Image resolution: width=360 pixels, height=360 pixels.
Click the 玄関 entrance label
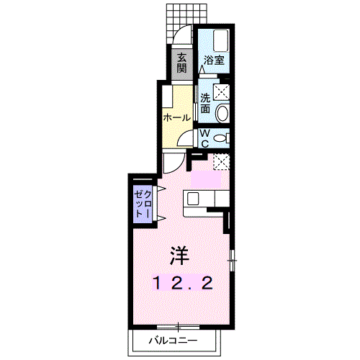click(181, 63)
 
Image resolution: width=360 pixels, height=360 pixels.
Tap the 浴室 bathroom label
click(214, 60)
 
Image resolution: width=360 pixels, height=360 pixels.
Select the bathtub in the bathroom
click(221, 40)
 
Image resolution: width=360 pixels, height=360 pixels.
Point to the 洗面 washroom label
click(205, 103)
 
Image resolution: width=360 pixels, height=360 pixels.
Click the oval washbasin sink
click(222, 113)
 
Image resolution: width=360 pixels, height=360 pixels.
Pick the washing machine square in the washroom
click(221, 92)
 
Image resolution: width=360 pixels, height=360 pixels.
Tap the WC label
click(204, 138)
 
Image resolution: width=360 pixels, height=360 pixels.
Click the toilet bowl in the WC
click(221, 138)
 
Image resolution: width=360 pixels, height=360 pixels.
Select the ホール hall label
click(177, 117)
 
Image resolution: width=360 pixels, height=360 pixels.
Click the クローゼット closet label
click(143, 204)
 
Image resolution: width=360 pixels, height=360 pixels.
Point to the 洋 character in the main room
click(179, 256)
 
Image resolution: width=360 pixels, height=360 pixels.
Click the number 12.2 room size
click(183, 282)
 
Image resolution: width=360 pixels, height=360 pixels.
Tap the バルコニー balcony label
click(174, 341)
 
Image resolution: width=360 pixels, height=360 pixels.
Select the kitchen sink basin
click(193, 199)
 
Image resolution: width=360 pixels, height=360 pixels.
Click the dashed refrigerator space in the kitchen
click(221, 162)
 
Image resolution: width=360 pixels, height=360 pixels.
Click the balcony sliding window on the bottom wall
click(178, 327)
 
